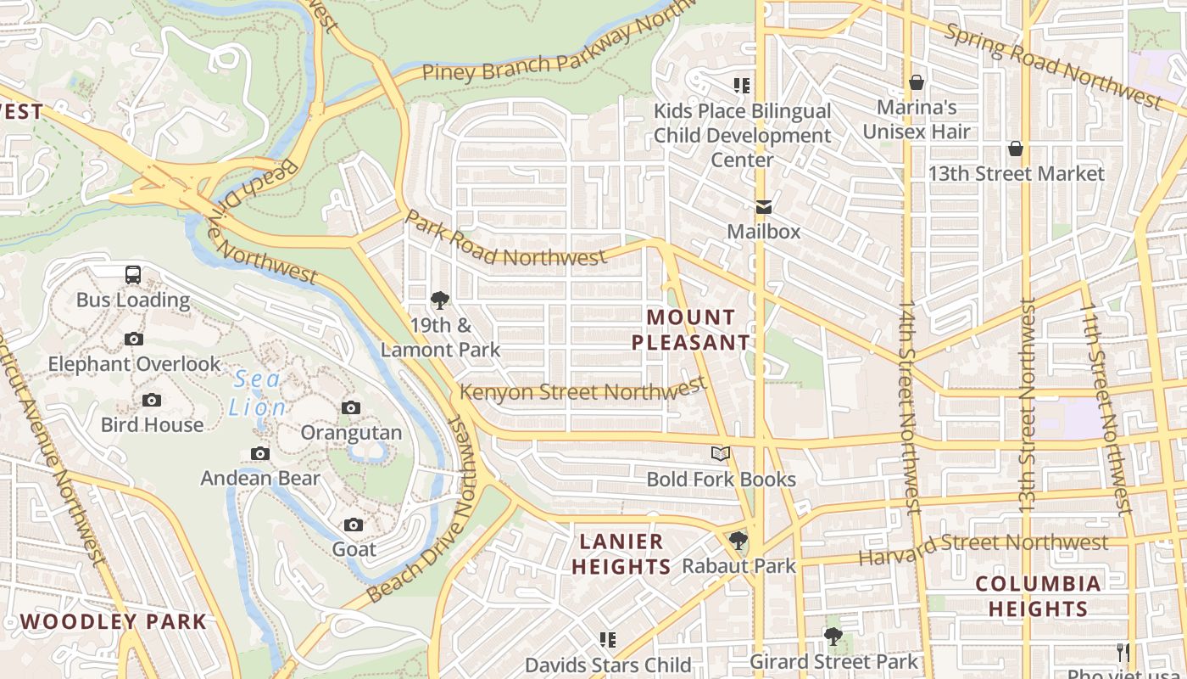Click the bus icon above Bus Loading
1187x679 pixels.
133,275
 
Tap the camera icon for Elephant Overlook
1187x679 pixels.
134,339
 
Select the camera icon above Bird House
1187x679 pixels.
152,400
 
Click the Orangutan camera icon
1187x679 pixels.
351,408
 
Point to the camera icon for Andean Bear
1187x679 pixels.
260,454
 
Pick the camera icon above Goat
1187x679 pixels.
354,525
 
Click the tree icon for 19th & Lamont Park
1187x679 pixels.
439,300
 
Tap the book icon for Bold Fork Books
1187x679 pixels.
721,454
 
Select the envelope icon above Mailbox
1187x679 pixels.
764,207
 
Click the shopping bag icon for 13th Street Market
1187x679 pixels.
1016,149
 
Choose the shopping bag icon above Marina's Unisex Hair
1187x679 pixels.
917,82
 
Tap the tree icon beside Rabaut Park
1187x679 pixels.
738,541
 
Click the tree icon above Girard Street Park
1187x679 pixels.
833,637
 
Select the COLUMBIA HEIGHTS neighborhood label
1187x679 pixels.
1038,596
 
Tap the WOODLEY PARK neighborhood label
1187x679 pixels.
114,621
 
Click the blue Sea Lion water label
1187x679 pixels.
258,393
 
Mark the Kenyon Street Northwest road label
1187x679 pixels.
583,390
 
